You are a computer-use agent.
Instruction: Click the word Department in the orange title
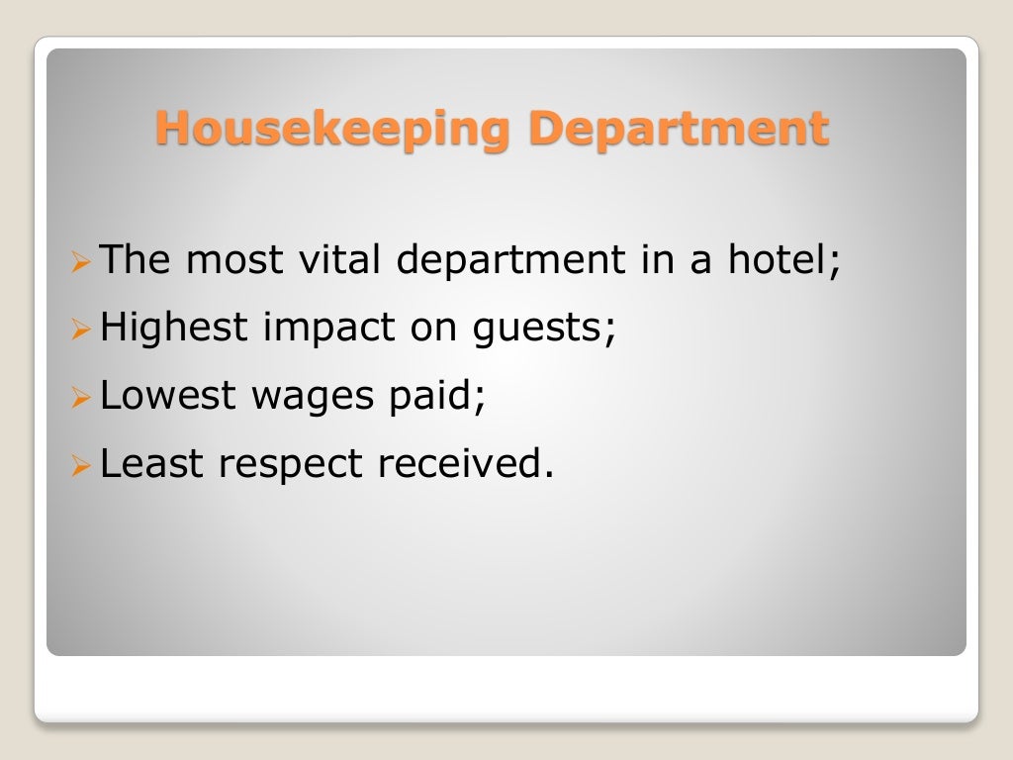pyautogui.click(x=678, y=130)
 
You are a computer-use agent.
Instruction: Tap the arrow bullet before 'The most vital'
pyautogui.click(x=82, y=263)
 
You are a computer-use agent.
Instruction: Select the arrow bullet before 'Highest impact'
pyautogui.click(x=82, y=331)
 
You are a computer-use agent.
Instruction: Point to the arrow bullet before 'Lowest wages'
pyautogui.click(x=82, y=398)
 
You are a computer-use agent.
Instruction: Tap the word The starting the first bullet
pyautogui.click(x=137, y=261)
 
